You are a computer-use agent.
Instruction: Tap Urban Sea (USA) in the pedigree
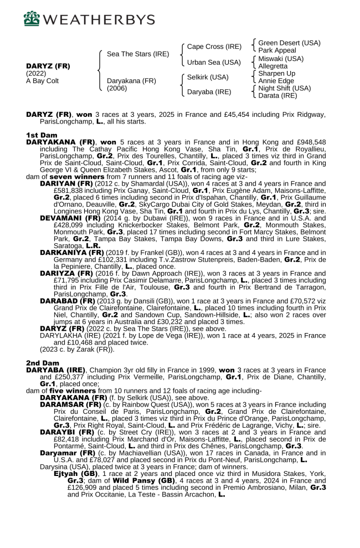214,62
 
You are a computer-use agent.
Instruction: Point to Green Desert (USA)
289,43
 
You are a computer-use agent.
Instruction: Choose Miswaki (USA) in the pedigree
281,58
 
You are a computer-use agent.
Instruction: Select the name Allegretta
274,65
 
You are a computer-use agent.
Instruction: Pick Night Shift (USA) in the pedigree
285,88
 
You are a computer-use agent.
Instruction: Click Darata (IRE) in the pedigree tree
278,95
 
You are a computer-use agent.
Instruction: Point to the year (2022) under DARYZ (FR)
37,73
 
